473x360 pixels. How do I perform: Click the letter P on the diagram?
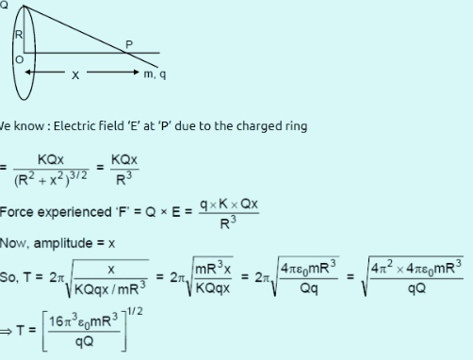(129, 43)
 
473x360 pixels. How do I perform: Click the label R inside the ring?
(17, 35)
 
